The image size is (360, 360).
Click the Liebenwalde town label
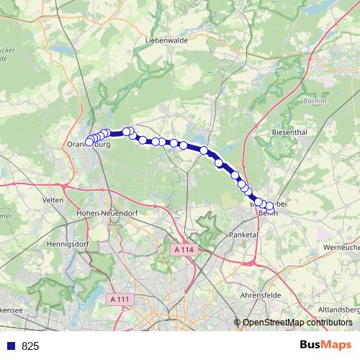[166, 40]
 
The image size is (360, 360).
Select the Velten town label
[53, 199]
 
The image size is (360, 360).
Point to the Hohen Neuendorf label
[107, 213]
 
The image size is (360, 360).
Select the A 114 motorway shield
[184, 249]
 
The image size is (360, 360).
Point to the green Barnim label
[316, 100]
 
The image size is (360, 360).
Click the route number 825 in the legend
[30, 346]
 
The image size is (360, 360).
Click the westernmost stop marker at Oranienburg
[89, 142]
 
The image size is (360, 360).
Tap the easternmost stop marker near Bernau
[270, 207]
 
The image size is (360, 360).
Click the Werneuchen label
[342, 247]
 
